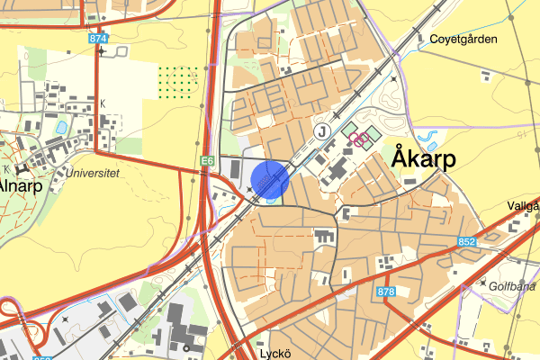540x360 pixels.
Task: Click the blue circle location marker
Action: pyautogui.click(x=269, y=178)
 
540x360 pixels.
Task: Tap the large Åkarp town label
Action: pyautogui.click(x=424, y=159)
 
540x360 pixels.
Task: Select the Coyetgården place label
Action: pyautogui.click(x=463, y=40)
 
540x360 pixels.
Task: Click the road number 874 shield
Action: pyautogui.click(x=98, y=40)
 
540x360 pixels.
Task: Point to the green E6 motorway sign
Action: pyautogui.click(x=207, y=160)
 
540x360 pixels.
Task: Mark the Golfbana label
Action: pyautogui.click(x=516, y=285)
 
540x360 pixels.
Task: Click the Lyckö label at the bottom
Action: pyautogui.click(x=272, y=353)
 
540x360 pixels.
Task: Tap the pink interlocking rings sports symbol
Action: pyautogui.click(x=358, y=139)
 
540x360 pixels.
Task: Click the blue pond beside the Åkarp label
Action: pyautogui.click(x=429, y=140)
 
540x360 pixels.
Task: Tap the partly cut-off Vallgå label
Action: pyautogui.click(x=522, y=205)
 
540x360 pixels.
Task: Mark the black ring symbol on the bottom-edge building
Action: pyautogui.click(x=186, y=348)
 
